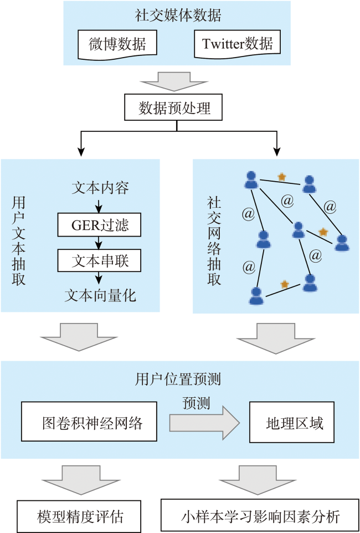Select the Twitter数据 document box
coord(237,43)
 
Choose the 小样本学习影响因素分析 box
coord(260,516)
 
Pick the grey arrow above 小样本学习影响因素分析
coord(260,478)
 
